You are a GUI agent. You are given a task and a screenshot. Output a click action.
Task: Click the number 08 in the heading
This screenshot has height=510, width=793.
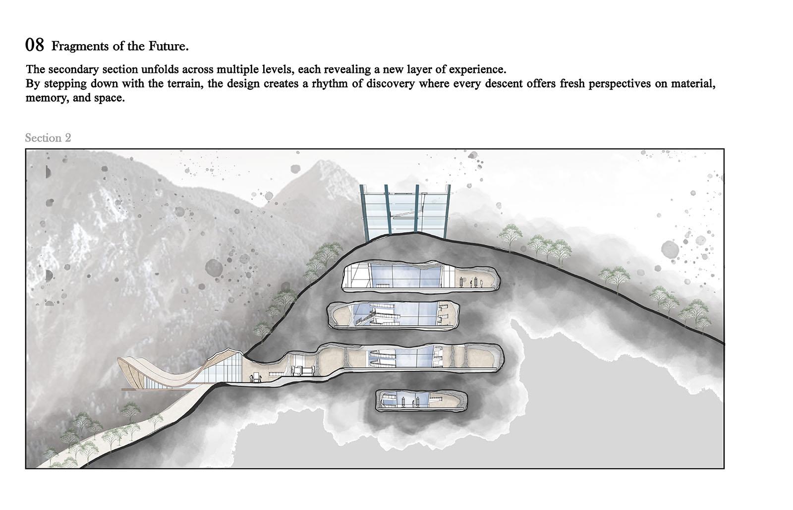[x=35, y=45]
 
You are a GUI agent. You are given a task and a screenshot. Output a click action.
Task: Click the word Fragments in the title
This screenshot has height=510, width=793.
[x=80, y=47]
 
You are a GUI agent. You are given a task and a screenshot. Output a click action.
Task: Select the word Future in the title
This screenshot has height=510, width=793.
[x=167, y=46]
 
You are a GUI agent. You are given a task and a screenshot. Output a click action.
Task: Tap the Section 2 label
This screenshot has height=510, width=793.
[x=48, y=138]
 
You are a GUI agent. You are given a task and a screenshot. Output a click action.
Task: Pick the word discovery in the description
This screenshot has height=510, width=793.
[x=390, y=84]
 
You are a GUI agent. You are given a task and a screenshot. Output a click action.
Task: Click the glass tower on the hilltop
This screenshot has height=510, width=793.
[x=405, y=212]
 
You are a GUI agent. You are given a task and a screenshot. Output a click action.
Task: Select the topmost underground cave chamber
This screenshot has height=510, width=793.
[x=421, y=276]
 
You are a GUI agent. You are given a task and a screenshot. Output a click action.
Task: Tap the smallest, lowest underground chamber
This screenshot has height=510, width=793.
[x=421, y=400]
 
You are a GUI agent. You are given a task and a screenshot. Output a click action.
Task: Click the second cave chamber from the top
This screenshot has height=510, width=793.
[x=393, y=315]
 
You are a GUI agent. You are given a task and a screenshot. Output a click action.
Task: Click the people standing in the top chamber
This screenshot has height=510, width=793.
[x=471, y=283]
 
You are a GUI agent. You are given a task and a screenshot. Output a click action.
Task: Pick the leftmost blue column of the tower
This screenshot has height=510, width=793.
[x=364, y=212]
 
